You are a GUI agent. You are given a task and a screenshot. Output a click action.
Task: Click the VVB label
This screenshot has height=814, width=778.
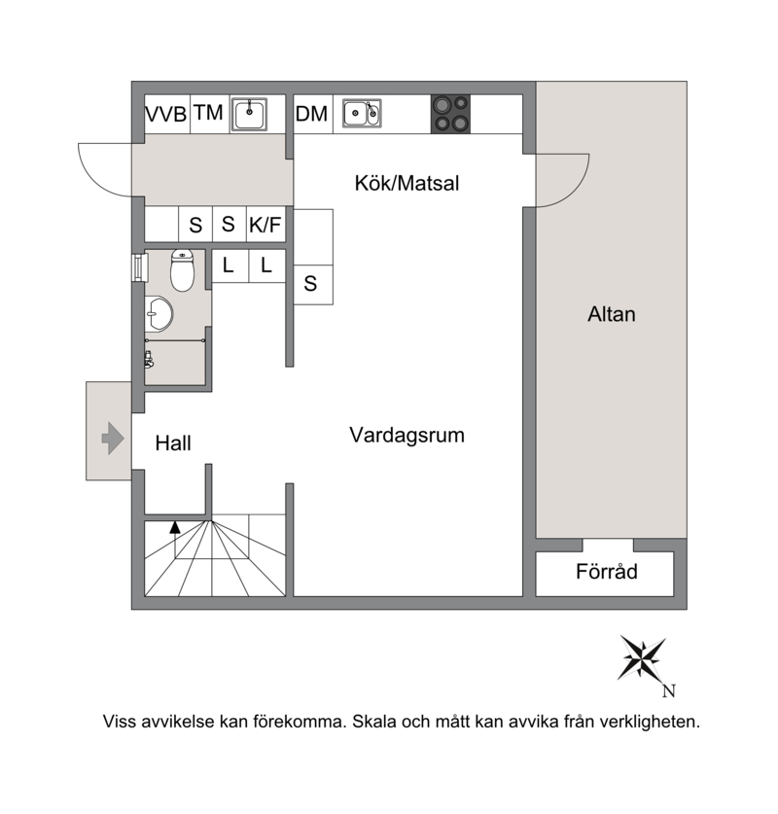point(165,114)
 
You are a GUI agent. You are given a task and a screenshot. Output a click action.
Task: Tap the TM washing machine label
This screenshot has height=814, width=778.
point(209,113)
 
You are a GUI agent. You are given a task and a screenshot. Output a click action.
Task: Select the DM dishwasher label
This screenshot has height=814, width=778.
point(311,114)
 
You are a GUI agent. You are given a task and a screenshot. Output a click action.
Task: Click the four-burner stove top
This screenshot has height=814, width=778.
point(450,114)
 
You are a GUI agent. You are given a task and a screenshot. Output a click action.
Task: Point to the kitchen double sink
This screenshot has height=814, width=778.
point(362,113)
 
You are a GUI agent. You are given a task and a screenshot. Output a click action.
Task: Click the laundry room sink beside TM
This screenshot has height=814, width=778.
point(249,114)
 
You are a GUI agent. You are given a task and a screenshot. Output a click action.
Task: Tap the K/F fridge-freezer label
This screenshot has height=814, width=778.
point(265,226)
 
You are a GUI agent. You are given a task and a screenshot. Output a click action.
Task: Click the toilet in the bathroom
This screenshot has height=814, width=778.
point(182,270)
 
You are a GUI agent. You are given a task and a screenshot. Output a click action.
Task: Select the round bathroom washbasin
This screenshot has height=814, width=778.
point(159,313)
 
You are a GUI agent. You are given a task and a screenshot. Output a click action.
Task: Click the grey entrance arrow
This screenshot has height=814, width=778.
point(113,439)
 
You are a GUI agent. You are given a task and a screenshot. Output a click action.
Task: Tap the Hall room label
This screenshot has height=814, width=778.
point(173,443)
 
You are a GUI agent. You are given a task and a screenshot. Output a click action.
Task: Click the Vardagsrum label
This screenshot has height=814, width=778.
point(407,435)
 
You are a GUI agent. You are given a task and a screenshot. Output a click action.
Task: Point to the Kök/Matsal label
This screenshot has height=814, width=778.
point(407,183)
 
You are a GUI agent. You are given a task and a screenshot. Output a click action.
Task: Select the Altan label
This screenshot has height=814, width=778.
point(612,314)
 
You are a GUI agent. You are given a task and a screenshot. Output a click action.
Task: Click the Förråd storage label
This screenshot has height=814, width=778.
point(607,571)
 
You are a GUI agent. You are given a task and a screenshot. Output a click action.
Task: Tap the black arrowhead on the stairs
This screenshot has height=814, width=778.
point(175,527)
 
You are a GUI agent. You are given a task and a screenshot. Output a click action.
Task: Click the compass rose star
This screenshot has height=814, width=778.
point(642,658)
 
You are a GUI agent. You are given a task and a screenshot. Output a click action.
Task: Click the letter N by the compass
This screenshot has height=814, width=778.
point(669,690)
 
